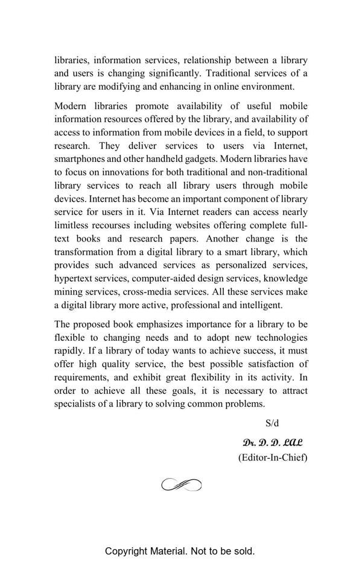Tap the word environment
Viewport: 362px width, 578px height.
268,87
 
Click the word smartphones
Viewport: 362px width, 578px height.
83,159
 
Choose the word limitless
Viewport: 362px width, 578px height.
71,225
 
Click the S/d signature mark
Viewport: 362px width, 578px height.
272,423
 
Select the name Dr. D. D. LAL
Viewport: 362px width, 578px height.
273,443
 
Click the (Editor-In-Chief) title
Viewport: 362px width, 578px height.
273,458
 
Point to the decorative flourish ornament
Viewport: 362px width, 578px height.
181,485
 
